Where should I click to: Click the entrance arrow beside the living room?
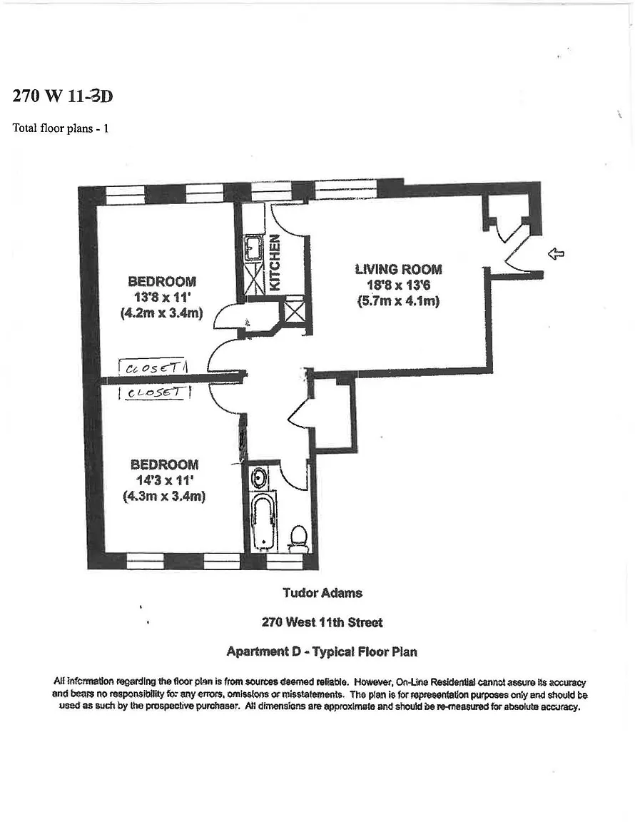click(x=555, y=253)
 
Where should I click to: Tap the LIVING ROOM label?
click(x=398, y=269)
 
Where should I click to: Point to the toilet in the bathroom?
click(x=300, y=538)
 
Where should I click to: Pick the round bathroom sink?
click(x=259, y=477)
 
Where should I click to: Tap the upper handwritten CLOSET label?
click(x=154, y=368)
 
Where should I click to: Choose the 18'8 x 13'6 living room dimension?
click(x=398, y=285)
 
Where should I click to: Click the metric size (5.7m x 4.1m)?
click(x=398, y=301)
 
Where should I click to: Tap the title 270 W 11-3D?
click(x=63, y=96)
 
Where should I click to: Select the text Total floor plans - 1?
click(x=61, y=128)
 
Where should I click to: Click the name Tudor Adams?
click(x=322, y=593)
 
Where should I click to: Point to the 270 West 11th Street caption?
click(x=322, y=622)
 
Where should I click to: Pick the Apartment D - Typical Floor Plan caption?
click(x=322, y=651)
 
